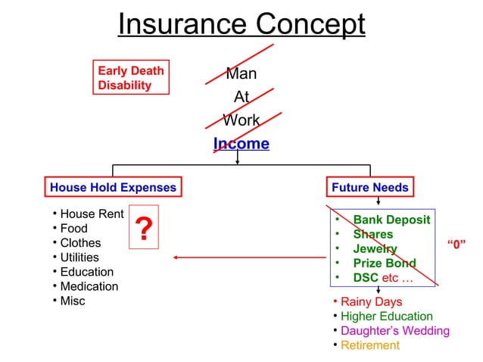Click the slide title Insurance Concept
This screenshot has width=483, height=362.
click(241, 24)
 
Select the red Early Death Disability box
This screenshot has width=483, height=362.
click(130, 78)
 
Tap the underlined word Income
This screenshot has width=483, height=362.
click(241, 144)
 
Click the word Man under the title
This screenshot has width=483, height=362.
click(241, 74)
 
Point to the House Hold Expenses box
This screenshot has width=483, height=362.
click(113, 187)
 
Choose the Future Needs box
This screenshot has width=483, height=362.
click(369, 187)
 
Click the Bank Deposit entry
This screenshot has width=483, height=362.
click(391, 220)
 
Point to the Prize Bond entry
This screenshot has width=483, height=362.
click(384, 264)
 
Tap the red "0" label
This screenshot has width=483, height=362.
click(456, 243)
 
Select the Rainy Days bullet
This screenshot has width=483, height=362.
click(371, 302)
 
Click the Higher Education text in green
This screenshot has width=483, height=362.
click(386, 317)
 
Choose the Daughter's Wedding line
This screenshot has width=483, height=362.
click(394, 331)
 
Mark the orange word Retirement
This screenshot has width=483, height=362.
click(369, 345)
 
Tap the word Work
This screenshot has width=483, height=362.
click(241, 120)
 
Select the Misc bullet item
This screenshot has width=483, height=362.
click(73, 301)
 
